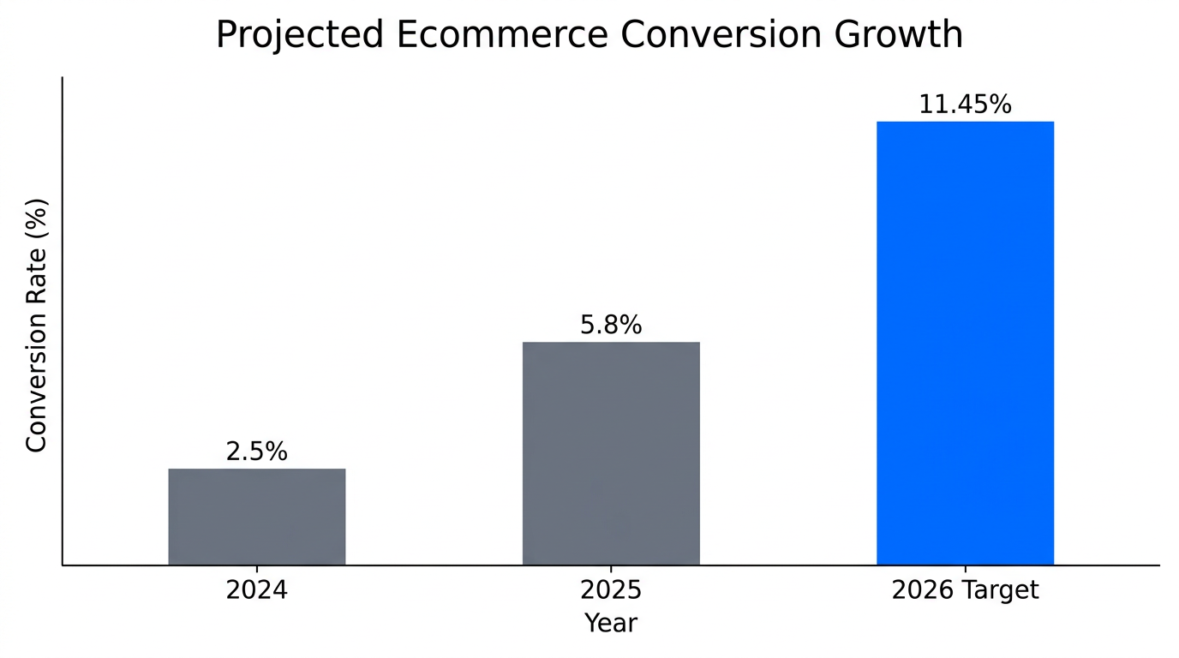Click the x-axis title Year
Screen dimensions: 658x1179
[610, 623]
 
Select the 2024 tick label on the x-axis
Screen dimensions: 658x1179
[256, 590]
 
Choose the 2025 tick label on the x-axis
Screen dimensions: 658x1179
[610, 590]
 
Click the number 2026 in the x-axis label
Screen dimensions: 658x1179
[922, 590]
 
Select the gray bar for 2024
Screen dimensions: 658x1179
[256, 517]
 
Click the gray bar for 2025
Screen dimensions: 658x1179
[610, 453]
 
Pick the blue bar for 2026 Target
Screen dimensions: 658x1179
[965, 343]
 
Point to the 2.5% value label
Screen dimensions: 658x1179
[256, 452]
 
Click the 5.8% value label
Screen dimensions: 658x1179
[610, 325]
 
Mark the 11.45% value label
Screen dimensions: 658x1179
[965, 105]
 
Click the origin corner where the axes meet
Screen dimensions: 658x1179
[63, 565]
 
